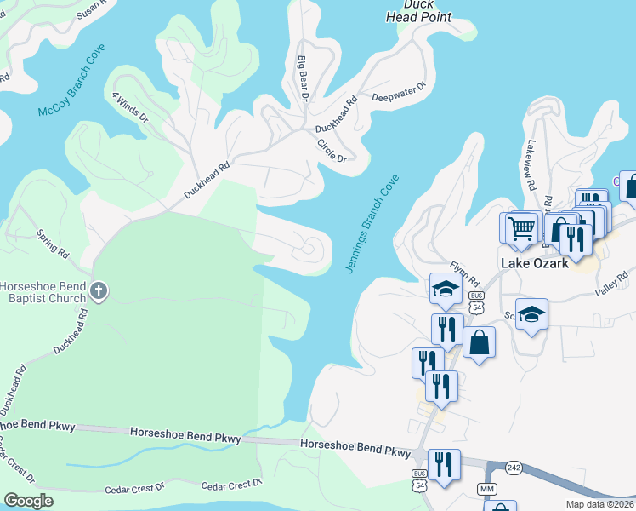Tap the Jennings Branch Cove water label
point(372,224)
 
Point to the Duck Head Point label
point(418,10)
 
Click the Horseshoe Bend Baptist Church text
point(43,292)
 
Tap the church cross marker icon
point(99,292)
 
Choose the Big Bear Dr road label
point(303,78)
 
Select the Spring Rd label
point(53,243)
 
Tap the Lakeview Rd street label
point(531,165)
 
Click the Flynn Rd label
point(466,274)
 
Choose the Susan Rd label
point(92,9)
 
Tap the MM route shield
point(486,489)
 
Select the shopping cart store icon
point(520,227)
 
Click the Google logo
point(27,501)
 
